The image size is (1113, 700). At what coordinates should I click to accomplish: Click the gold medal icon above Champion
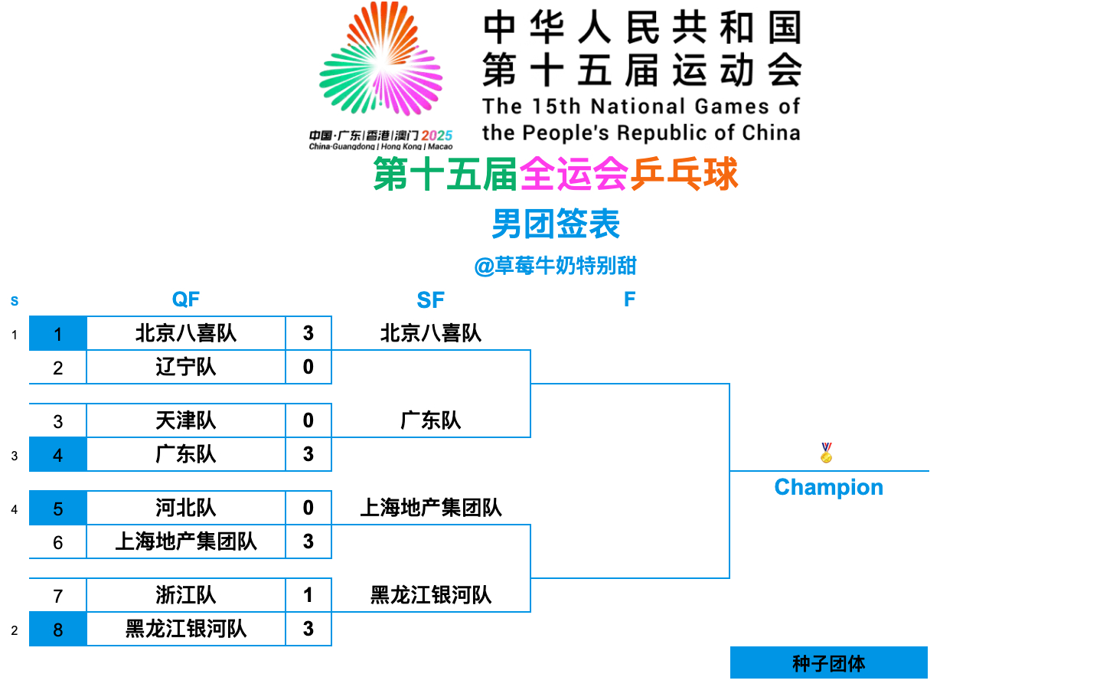826,453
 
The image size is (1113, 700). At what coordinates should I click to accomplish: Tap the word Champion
828,487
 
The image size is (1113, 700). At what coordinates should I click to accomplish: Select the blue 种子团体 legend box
828,662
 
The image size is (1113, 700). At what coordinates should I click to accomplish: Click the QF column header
185,299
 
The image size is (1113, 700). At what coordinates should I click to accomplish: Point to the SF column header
430,300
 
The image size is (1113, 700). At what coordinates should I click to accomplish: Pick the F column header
629,299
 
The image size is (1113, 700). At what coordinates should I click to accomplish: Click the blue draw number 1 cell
58,334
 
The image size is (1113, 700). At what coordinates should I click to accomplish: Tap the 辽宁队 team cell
185,367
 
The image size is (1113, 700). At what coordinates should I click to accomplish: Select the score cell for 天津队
308,420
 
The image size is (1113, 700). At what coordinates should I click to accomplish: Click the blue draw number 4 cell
58,455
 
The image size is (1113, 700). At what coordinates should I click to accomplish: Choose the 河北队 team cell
185,508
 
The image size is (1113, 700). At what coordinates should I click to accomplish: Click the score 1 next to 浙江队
308,595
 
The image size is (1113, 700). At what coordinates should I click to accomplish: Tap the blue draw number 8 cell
58,630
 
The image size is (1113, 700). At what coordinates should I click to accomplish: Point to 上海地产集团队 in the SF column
431,508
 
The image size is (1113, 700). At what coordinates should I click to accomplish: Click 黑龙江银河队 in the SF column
431,595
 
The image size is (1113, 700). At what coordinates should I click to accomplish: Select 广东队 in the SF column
431,420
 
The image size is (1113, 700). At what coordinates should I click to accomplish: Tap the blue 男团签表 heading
556,224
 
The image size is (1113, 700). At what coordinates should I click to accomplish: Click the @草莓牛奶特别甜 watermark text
556,266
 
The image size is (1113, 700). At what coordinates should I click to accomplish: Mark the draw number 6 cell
58,542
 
